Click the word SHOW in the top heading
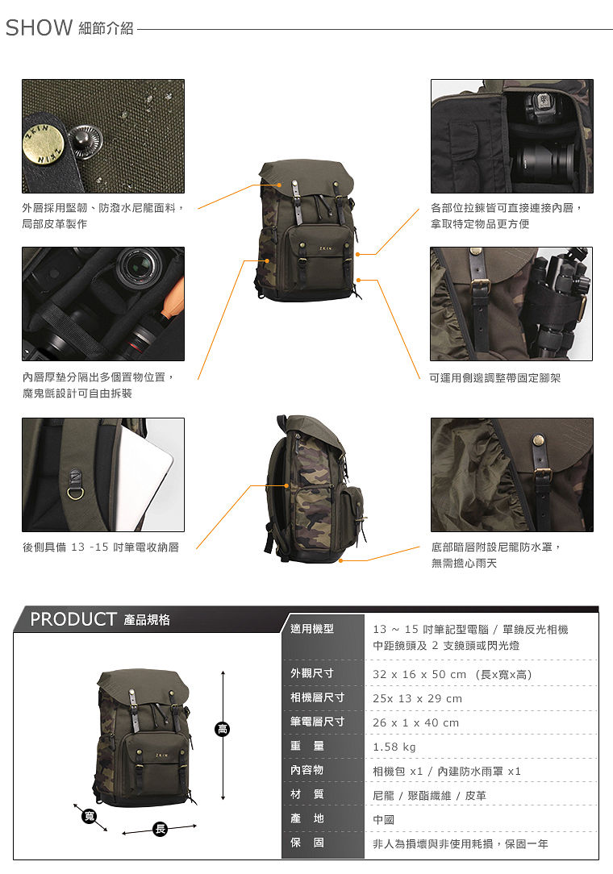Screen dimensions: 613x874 tap(39, 27)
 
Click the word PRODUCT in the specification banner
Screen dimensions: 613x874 tap(73, 619)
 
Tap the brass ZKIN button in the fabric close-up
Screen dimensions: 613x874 tap(44, 145)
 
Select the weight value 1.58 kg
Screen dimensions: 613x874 tap(394, 747)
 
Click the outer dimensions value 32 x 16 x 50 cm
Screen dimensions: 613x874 tap(419, 675)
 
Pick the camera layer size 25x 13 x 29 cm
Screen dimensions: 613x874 tap(417, 698)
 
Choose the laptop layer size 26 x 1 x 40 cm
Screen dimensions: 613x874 tap(415, 723)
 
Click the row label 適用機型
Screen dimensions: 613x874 tap(312, 629)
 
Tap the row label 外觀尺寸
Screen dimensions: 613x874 tap(312, 673)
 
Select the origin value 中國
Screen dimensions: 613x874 tap(384, 820)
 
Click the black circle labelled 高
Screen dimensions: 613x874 tap(223, 729)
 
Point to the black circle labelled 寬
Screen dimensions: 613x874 tap(89, 817)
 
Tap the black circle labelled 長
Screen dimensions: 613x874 tap(160, 829)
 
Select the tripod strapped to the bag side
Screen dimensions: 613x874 tap(558, 304)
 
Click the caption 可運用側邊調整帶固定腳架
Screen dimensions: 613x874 tap(494, 378)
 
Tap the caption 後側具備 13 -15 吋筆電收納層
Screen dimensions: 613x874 tap(100, 547)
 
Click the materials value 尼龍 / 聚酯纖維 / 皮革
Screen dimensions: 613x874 tap(429, 796)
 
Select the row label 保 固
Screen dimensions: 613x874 tap(306, 843)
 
